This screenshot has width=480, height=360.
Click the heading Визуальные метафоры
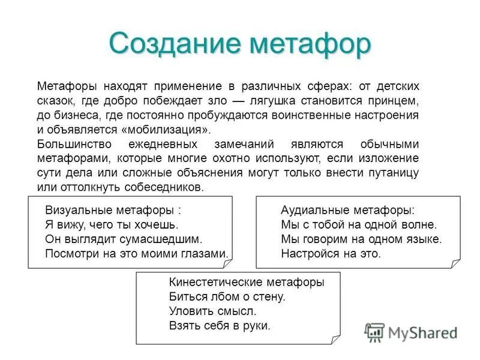(112, 211)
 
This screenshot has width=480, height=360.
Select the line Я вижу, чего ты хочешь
(112, 225)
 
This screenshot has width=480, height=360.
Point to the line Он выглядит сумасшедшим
(124, 239)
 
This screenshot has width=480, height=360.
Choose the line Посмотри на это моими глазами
(137, 253)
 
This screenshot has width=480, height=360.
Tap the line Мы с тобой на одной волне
(359, 225)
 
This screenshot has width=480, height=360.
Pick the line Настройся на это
(331, 253)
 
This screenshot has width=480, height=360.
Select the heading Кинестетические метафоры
(247, 283)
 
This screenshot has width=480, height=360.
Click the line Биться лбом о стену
(227, 297)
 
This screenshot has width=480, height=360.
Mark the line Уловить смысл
(212, 311)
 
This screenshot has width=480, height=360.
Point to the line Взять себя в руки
(220, 326)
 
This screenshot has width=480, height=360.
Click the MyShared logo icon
(375, 332)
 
